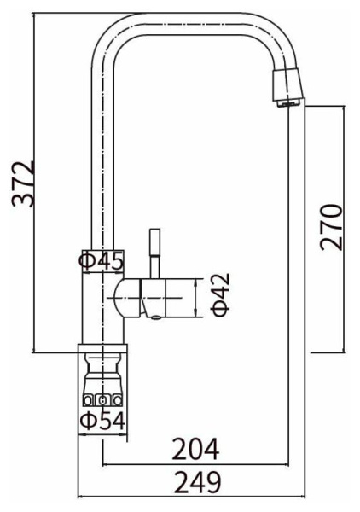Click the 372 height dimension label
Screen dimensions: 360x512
pyautogui.click(x=23, y=183)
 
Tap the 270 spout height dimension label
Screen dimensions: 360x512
pyautogui.click(x=331, y=228)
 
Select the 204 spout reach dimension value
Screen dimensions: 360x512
pyautogui.click(x=195, y=450)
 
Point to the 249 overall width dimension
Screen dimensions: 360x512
pyautogui.click(x=197, y=482)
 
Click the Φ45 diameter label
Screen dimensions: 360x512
pyautogui.click(x=102, y=261)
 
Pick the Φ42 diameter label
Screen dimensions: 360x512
pyautogui.click(x=221, y=295)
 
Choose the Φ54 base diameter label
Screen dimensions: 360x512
pyautogui.click(x=102, y=421)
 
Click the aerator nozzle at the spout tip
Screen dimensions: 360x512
pyautogui.click(x=287, y=88)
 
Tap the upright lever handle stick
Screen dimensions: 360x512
pyautogui.click(x=154, y=253)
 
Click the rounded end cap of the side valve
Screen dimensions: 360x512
pyautogui.click(x=128, y=298)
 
